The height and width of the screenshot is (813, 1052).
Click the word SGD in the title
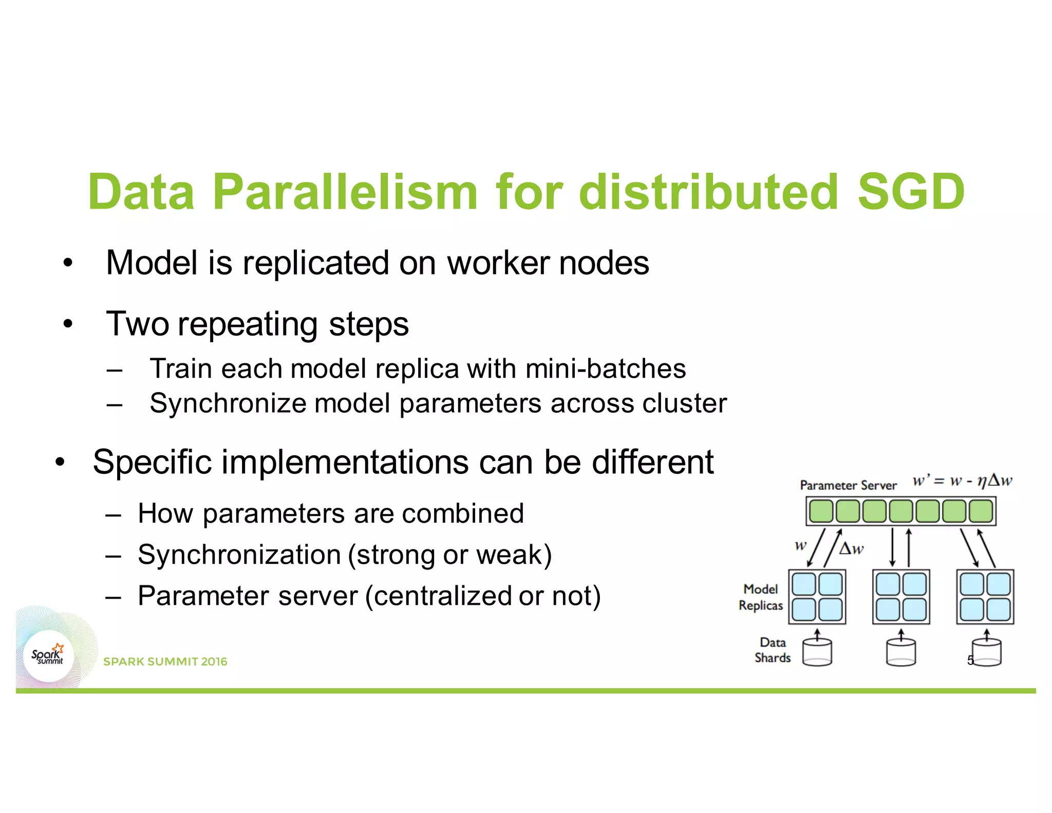[x=911, y=192]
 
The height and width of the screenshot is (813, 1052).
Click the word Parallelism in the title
[x=345, y=192]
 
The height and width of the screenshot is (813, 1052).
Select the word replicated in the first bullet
[x=315, y=263]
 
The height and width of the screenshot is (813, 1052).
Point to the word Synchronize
[x=228, y=403]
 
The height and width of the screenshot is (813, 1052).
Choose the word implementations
[x=345, y=462]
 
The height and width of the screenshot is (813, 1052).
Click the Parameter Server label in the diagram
[x=848, y=485]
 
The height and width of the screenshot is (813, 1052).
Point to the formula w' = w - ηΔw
[x=962, y=481]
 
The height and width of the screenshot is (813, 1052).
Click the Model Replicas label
[x=761, y=597]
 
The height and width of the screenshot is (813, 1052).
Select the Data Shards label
[x=772, y=650]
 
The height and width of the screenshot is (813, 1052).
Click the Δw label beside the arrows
[x=851, y=549]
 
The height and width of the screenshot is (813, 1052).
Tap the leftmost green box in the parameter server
[x=821, y=511]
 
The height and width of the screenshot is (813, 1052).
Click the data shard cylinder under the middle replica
[x=901, y=653]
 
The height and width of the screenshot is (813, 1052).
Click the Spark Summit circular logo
[x=49, y=656]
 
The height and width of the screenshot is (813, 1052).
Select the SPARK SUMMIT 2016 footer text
[x=165, y=661]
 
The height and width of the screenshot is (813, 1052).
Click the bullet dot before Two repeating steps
[x=68, y=324]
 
